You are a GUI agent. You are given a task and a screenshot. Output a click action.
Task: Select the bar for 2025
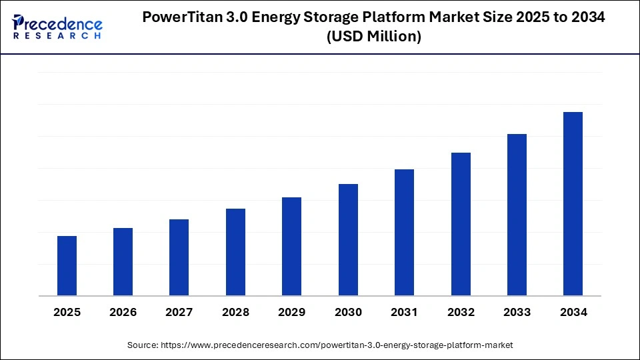coord(67,265)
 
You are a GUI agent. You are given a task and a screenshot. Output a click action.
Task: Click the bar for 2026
coord(123,261)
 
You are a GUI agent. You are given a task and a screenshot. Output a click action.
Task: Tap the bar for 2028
coord(235,252)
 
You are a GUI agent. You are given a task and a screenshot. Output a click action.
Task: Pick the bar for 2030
coord(348,239)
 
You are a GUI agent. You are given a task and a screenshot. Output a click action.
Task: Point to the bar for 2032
coord(461,224)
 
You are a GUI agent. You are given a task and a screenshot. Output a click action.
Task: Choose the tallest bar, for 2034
coord(573,203)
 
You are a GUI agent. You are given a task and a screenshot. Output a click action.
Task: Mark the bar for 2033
coord(517,215)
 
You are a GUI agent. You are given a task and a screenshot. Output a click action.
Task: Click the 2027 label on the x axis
coord(179,313)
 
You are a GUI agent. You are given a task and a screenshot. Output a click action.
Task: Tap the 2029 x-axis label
coord(292,313)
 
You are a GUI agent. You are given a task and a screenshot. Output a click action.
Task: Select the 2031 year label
coord(404,313)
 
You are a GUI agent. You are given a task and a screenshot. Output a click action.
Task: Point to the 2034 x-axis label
coord(573,313)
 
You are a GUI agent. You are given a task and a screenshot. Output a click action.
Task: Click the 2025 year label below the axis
coord(67,313)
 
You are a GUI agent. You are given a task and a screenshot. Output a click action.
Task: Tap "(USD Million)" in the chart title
coord(374,37)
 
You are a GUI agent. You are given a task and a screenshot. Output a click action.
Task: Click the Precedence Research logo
coord(57,27)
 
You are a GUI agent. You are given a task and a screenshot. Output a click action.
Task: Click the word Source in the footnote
coord(141,345)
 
